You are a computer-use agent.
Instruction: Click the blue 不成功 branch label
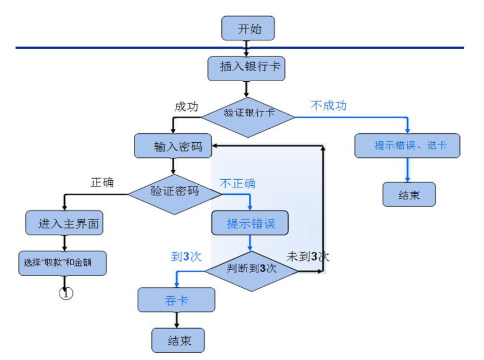(329, 105)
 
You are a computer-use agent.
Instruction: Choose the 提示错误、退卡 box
(407, 146)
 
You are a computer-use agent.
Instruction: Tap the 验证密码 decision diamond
(174, 191)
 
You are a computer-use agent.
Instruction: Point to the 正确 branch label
(102, 182)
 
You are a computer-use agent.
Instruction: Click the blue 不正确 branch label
(238, 183)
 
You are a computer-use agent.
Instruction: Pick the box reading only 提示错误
(250, 224)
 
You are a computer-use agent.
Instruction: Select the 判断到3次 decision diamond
(251, 269)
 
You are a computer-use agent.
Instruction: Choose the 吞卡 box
(176, 300)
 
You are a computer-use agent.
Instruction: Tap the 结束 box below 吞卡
(179, 340)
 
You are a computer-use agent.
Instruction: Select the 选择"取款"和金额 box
(62, 262)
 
